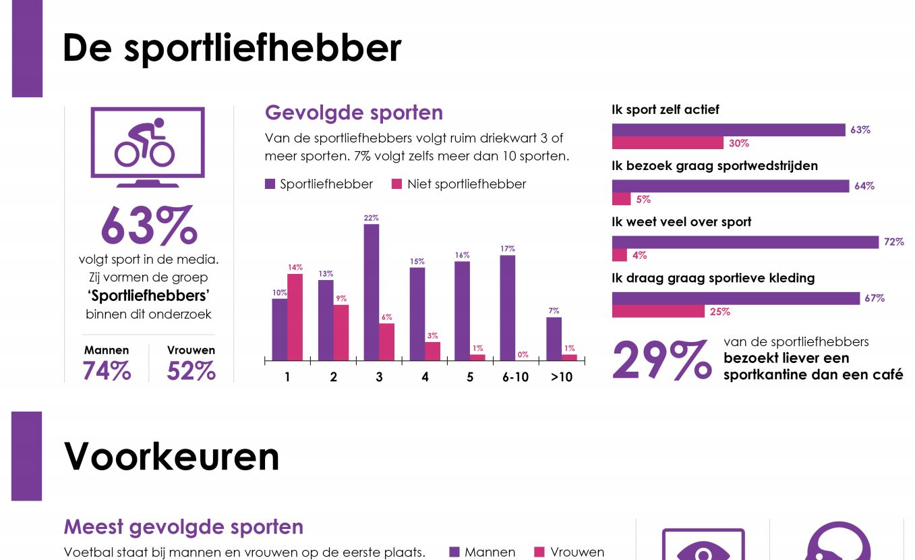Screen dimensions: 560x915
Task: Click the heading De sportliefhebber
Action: (x=231, y=49)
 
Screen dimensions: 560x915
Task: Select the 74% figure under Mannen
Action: (x=107, y=371)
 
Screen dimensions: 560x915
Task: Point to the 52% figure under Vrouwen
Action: (x=191, y=371)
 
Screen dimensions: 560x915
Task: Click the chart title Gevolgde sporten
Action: (x=353, y=113)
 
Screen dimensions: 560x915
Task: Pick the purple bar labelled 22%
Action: (x=371, y=291)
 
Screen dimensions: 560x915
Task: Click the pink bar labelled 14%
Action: (x=295, y=316)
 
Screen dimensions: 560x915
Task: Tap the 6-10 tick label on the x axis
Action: (x=515, y=377)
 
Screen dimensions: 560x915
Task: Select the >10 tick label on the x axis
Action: (x=561, y=377)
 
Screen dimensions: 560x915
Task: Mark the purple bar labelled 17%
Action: (x=508, y=307)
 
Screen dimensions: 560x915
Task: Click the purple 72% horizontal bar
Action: (x=745, y=242)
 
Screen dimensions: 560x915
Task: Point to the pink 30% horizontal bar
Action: (x=668, y=143)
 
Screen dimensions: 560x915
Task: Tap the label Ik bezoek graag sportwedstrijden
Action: (x=714, y=166)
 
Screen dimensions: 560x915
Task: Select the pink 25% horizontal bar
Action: (x=657, y=311)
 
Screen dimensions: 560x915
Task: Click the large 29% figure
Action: (x=661, y=360)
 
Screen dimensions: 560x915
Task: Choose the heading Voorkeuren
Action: (x=171, y=457)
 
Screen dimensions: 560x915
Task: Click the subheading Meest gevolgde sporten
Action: (x=183, y=527)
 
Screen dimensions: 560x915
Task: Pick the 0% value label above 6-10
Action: (x=523, y=354)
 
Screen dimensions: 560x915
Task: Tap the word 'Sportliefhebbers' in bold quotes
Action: (x=148, y=296)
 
